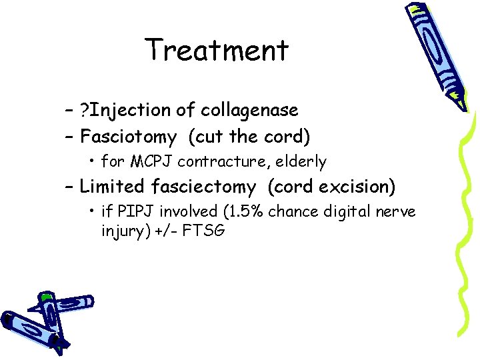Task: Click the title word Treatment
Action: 217,50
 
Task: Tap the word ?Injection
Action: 125,109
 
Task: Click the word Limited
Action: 111,187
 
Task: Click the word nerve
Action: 396,212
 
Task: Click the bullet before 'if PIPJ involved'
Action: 91,212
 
